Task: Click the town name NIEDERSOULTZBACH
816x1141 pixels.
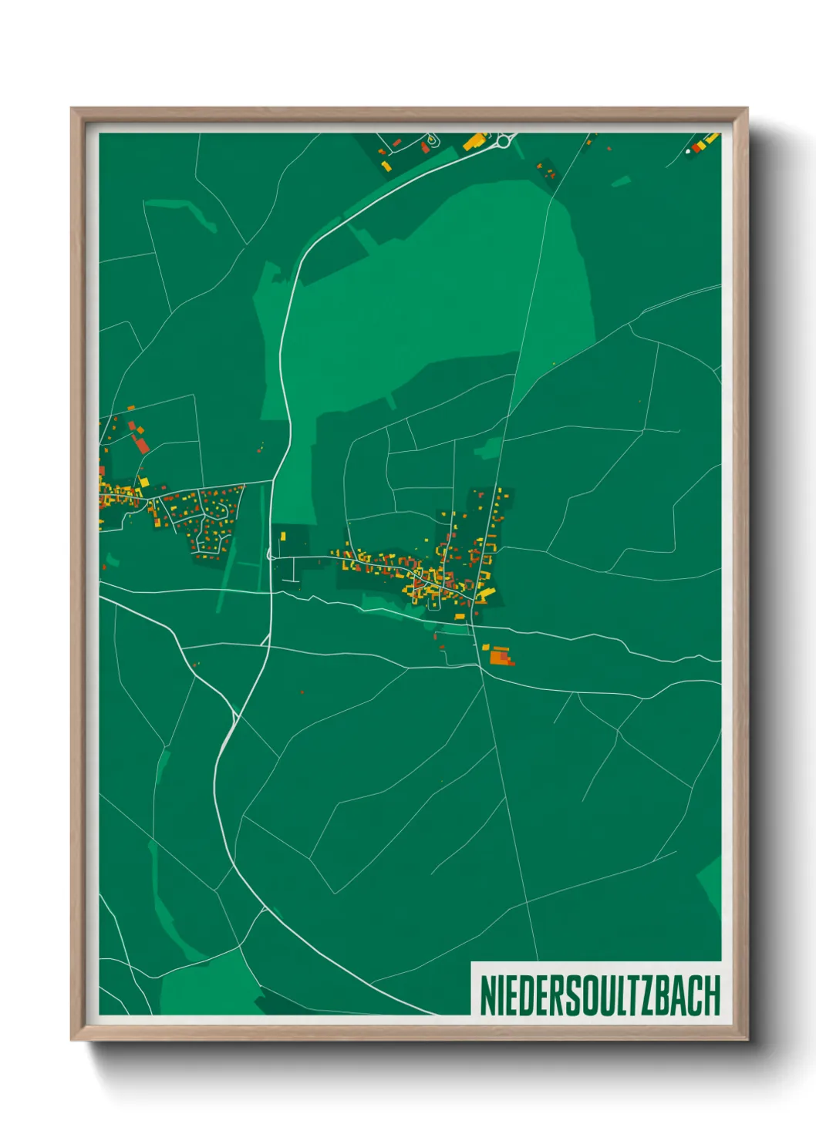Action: pos(599,995)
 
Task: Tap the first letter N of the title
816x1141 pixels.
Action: pos(487,995)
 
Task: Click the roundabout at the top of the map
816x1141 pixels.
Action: pos(505,140)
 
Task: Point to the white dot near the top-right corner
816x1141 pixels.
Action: pos(688,152)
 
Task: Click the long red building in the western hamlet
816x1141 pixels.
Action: pos(141,443)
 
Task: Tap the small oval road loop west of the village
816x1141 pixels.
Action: pos(271,554)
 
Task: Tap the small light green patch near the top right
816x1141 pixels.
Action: pos(621,182)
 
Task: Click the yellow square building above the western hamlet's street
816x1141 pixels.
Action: pos(144,482)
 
